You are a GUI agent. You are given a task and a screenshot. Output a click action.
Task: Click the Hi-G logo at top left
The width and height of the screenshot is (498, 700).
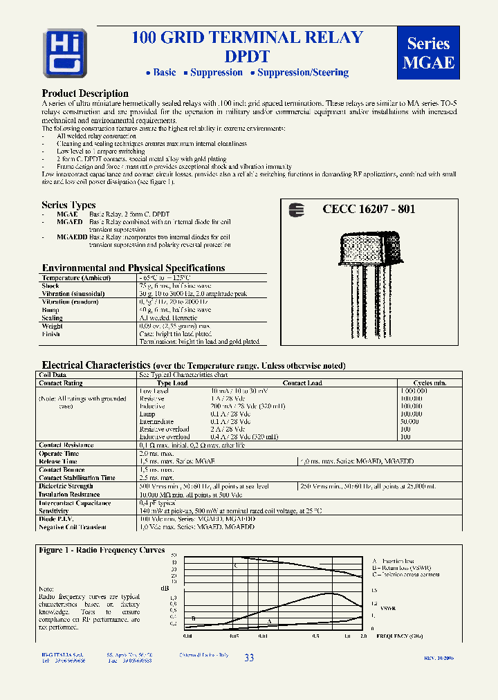(64, 53)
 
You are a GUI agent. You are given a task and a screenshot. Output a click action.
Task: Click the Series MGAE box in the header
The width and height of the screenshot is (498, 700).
(428, 53)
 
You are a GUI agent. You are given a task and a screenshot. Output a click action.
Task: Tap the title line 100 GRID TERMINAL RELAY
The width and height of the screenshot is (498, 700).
(247, 38)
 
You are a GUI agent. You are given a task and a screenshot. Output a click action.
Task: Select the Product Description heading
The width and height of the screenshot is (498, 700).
(85, 93)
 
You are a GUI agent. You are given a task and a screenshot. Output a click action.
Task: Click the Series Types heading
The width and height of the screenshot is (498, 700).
(68, 205)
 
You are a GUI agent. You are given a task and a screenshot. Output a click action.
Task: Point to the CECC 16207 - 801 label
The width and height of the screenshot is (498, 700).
(369, 209)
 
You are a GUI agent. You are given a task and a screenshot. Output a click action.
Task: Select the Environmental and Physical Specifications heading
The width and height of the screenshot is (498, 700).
(133, 268)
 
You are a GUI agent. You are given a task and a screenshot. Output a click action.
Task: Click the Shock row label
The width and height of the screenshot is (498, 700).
(50, 286)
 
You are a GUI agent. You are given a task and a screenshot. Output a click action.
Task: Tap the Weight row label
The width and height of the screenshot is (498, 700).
(52, 326)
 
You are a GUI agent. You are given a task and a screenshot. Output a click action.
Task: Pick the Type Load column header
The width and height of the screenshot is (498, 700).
(172, 383)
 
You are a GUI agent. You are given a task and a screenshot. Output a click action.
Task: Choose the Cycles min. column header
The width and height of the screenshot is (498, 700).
(430, 383)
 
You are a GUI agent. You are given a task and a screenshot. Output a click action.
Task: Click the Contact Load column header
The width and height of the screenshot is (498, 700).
(302, 383)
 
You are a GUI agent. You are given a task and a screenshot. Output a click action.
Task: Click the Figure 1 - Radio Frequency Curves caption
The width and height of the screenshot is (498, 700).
(102, 550)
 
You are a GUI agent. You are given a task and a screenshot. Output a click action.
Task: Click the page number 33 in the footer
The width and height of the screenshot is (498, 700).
(249, 658)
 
